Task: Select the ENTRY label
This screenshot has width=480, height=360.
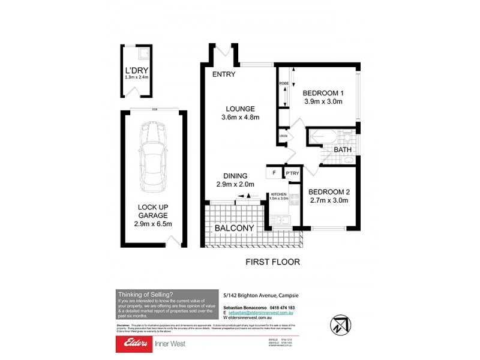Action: click(223, 75)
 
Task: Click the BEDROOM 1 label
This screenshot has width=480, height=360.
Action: click(322, 93)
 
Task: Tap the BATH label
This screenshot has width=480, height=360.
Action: click(343, 149)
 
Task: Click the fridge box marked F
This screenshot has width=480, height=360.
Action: click(274, 173)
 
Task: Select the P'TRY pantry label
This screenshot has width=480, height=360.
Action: click(292, 174)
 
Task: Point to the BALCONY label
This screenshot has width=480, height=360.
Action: click(234, 228)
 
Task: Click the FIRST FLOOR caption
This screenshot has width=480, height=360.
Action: click(273, 262)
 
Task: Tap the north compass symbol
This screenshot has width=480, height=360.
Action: click(339, 325)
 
